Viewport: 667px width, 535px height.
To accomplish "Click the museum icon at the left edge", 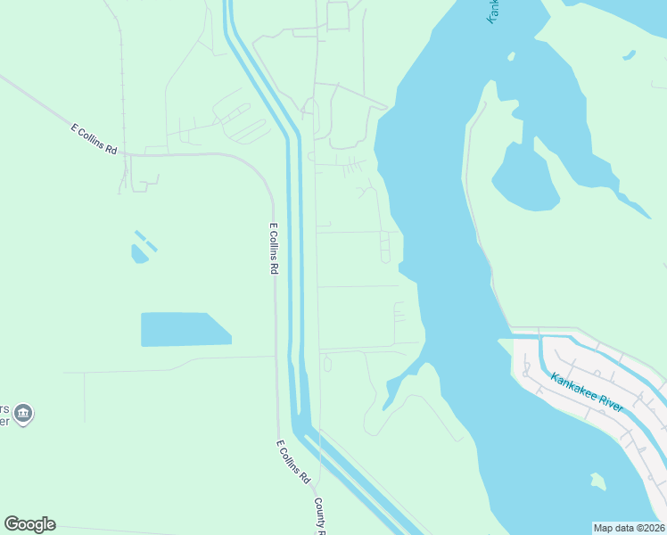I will click(23, 413).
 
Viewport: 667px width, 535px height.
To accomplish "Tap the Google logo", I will click(29, 524).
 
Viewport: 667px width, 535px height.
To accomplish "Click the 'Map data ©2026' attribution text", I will click(629, 527).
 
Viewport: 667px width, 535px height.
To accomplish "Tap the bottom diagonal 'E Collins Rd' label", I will click(292, 462).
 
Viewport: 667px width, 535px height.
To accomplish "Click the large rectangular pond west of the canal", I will click(183, 329).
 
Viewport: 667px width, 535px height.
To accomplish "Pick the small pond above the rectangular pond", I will click(139, 255).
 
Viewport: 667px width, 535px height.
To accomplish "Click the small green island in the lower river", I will click(597, 481).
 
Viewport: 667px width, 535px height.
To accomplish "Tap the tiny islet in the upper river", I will click(512, 56).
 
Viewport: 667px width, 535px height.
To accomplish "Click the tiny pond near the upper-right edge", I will click(630, 55).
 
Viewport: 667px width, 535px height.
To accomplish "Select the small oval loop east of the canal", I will click(327, 364).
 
